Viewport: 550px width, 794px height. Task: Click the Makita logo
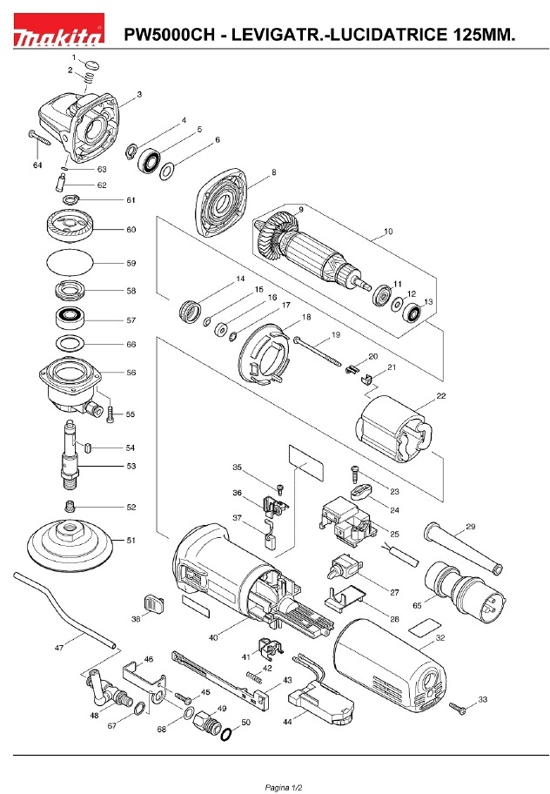pyautogui.click(x=57, y=36)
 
